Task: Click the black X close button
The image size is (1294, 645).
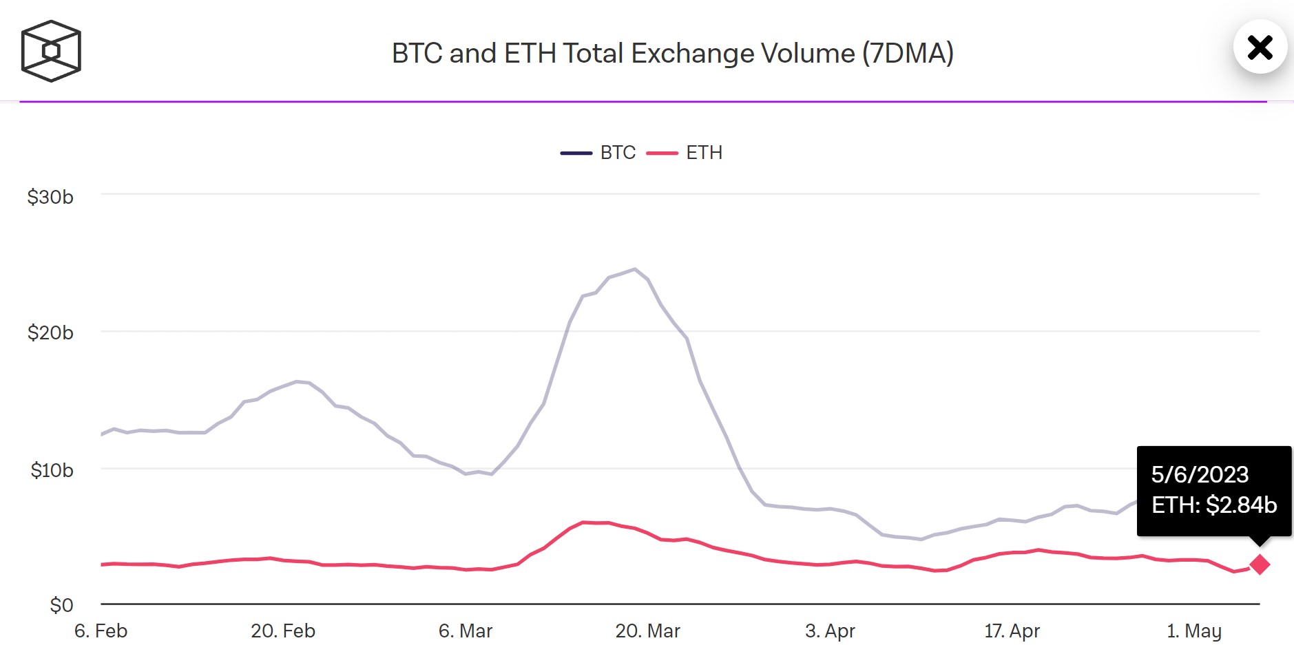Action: (x=1260, y=47)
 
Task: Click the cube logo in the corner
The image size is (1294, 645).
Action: (x=51, y=51)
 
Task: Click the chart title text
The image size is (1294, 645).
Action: (x=672, y=54)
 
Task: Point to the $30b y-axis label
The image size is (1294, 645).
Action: (x=50, y=198)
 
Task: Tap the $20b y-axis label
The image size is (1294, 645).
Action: (x=50, y=333)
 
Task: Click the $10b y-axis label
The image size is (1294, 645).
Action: (x=52, y=471)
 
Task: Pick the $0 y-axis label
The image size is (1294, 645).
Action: (x=61, y=606)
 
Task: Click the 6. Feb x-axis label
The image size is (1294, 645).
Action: (x=101, y=631)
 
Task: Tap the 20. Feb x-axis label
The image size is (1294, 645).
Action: (x=283, y=631)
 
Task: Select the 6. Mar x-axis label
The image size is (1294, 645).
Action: (x=466, y=631)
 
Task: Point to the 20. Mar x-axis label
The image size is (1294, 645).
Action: (x=647, y=631)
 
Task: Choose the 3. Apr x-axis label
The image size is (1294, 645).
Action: (x=830, y=631)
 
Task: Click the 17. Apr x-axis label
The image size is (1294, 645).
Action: (x=1012, y=631)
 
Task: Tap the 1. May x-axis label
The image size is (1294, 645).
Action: (x=1194, y=631)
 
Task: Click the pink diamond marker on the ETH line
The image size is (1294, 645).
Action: (x=1260, y=564)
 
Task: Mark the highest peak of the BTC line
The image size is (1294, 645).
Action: (x=634, y=269)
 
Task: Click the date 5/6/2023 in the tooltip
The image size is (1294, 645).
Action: (x=1200, y=475)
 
